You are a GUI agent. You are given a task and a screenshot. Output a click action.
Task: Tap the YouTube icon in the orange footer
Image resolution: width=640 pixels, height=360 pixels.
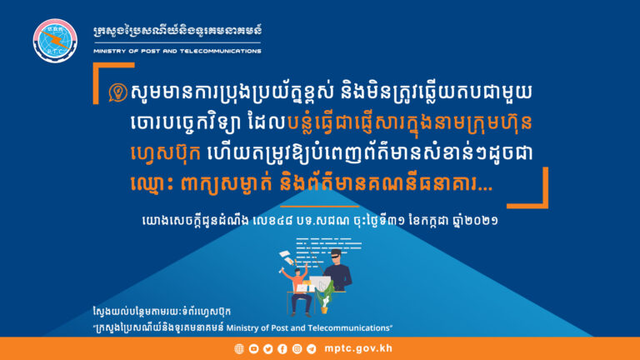[253, 348]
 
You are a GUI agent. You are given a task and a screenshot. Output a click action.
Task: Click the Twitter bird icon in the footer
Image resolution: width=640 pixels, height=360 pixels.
[267, 348]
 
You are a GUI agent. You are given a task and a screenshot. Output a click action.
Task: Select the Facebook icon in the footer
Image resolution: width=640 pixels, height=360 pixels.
[282, 348]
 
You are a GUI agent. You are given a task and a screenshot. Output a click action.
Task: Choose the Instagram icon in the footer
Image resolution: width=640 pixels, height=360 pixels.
[296, 348]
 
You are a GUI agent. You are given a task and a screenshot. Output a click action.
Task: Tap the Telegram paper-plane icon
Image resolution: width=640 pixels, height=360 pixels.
[310, 348]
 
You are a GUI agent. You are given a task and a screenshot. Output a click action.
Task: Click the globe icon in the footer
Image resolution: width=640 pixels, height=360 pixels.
[239, 348]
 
